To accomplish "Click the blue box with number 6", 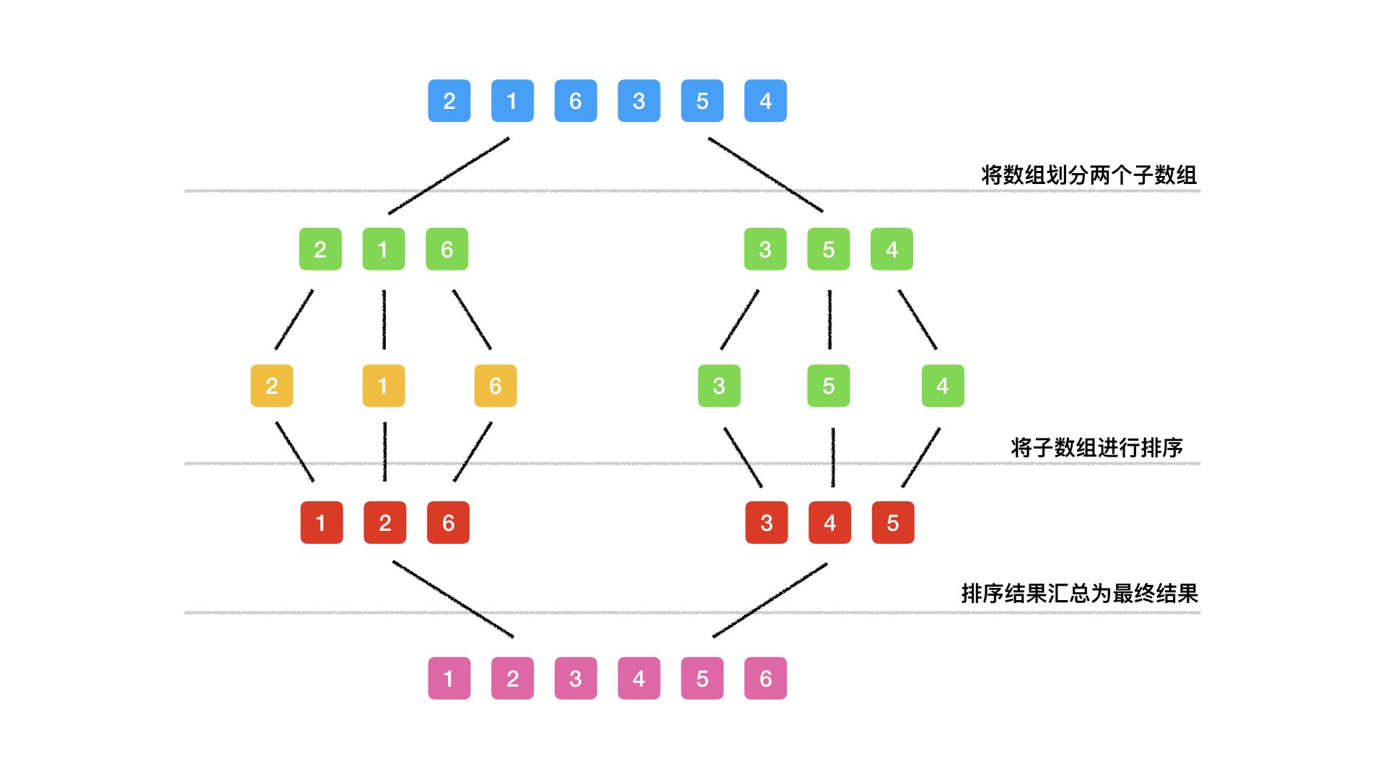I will (576, 101).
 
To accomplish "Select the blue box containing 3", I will (639, 101).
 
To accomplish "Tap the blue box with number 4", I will (765, 101).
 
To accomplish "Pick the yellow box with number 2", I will (272, 386).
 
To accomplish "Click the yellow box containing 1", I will (383, 386).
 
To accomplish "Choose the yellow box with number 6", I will (496, 386).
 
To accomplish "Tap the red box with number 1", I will (321, 522).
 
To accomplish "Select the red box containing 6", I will (448, 522).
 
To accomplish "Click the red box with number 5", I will (893, 522).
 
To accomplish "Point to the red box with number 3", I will (766, 522).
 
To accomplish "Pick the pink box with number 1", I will (449, 678).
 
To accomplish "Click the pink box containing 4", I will (639, 678).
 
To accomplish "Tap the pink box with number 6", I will (765, 678).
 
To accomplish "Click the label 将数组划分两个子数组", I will (1089, 175).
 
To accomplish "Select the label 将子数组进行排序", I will (1096, 447).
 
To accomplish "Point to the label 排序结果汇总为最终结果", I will (1079, 594).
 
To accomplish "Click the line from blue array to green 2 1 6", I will (449, 175).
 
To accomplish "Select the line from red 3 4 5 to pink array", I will (770, 600).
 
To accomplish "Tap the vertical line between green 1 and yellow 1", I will (384, 320).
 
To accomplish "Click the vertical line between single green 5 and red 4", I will (833, 457).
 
